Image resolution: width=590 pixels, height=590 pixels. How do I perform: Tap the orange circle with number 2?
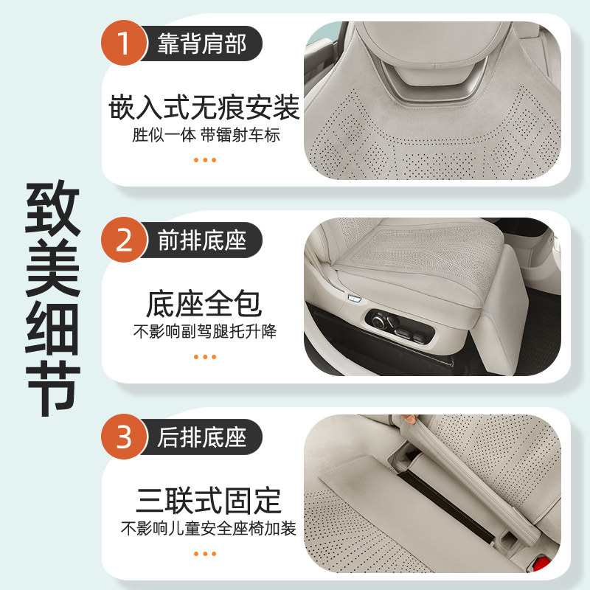click(124, 240)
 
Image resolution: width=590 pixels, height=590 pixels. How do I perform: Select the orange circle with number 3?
click(124, 437)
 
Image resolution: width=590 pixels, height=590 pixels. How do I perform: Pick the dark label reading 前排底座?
click(201, 240)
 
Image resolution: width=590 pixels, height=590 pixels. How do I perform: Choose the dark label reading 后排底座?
click(201, 437)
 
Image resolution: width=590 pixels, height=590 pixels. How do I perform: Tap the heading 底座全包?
click(204, 303)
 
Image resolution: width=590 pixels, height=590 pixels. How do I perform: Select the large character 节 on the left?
click(53, 385)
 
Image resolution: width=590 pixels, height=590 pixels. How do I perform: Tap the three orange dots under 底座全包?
click(204, 356)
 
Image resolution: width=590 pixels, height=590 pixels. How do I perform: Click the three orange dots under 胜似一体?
click(204, 159)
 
